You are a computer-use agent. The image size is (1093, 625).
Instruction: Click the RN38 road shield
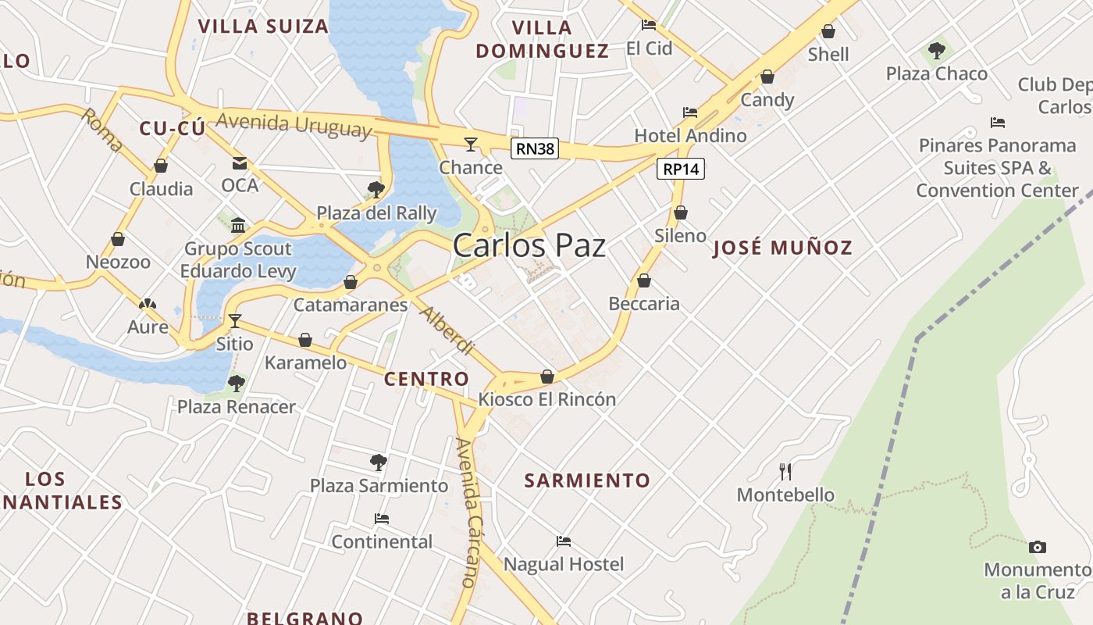(535, 148)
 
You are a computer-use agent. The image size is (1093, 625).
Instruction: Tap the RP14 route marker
(681, 169)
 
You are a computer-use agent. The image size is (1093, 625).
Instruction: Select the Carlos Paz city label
(529, 245)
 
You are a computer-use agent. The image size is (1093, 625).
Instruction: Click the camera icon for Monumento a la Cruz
(1037, 547)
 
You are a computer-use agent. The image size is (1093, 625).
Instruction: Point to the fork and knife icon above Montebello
(785, 471)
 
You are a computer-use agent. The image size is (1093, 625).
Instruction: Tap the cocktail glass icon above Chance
(470, 144)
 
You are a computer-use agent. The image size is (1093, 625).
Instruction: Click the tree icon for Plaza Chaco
(936, 52)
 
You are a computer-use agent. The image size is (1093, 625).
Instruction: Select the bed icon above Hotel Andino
(689, 112)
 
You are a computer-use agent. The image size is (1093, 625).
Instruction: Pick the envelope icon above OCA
(239, 162)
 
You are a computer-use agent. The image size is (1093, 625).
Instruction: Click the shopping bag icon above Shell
(828, 31)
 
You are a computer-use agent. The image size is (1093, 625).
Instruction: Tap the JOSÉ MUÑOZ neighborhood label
(783, 248)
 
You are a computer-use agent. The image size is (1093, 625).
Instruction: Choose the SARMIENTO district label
(587, 480)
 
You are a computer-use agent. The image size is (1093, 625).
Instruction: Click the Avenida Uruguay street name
(294, 125)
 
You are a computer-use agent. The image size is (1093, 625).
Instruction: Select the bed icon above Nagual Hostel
(564, 541)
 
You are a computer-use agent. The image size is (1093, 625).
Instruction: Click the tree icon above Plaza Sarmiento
(379, 462)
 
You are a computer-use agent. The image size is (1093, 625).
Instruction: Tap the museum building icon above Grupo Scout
(238, 226)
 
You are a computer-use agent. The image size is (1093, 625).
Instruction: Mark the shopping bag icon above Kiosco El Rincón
(547, 377)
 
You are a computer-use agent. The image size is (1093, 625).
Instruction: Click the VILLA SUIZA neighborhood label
(263, 27)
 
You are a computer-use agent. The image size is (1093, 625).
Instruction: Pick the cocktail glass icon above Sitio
(234, 320)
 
